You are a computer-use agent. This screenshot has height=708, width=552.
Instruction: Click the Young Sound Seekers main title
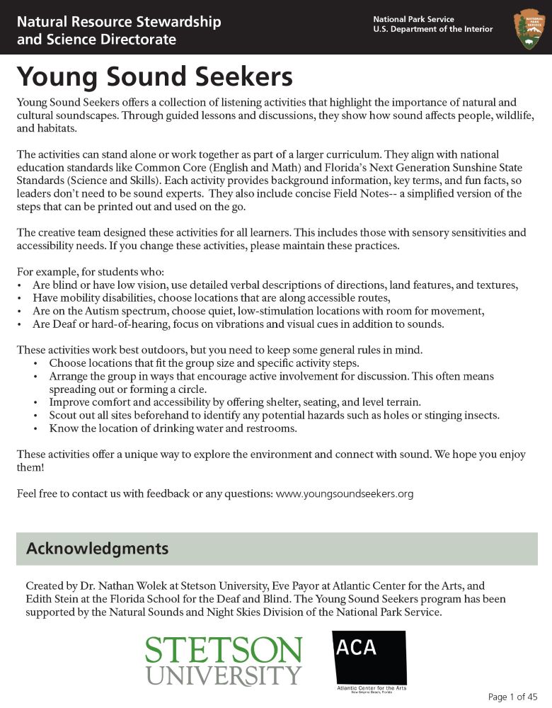pos(154,76)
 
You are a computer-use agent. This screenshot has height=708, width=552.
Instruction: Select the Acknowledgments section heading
pos(97,549)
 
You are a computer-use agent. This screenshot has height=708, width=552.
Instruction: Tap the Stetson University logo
pos(224,660)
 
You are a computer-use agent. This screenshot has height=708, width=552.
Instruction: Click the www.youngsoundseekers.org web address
pos(344,493)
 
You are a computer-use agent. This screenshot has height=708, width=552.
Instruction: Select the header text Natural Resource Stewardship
pos(119,22)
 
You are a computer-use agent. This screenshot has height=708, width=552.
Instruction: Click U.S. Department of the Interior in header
pos(432,29)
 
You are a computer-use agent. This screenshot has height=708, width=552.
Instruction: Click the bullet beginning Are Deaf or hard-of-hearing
pos(238,324)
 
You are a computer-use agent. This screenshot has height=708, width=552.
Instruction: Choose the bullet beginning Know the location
pos(173,429)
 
